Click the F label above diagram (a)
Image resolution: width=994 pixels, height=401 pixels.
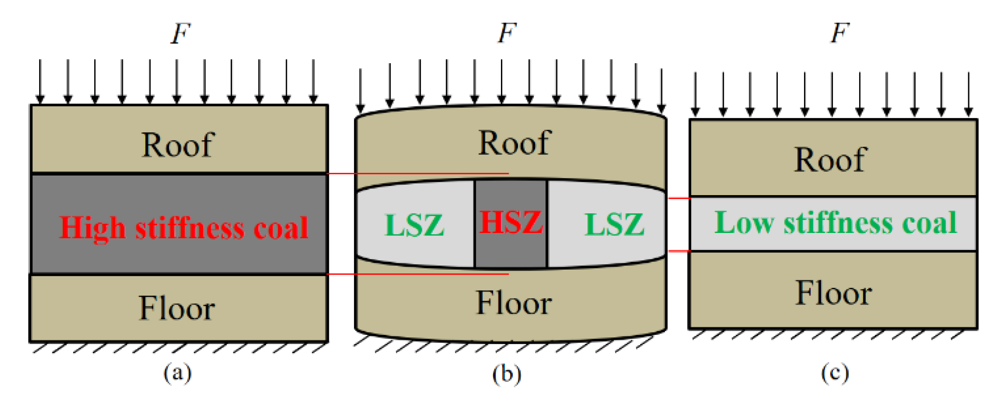pos(181,33)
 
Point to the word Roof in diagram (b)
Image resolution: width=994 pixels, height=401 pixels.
pos(515,143)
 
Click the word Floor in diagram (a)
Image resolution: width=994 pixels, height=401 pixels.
pos(177,308)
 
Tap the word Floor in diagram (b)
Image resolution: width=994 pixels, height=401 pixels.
pos(514,302)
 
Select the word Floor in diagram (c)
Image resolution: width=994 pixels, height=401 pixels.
pos(833,293)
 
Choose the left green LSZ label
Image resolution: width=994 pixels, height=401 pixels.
pos(414,225)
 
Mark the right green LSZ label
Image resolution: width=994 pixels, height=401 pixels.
pos(615,224)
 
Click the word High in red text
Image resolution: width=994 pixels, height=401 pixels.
pos(92,228)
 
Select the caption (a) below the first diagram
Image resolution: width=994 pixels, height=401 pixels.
pos(177,373)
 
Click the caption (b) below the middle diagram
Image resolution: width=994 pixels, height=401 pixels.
pos(506,374)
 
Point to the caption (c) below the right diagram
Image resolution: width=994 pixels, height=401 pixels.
pos(835,373)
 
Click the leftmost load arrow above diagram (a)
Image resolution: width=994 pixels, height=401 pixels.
pos(40,81)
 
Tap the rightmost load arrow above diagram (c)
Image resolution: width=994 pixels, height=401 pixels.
pos(969,94)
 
